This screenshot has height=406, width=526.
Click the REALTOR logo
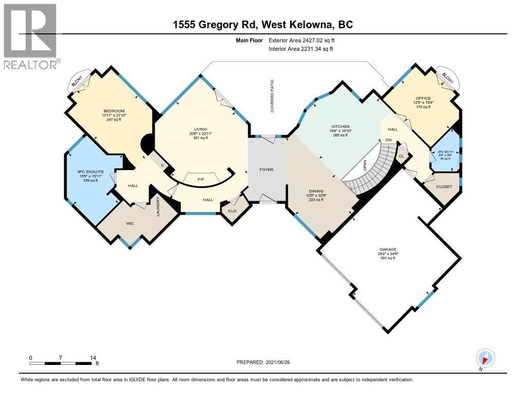tap(31, 36)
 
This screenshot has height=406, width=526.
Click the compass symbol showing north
tap(485, 358)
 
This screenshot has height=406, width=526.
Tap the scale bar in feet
tap(62, 363)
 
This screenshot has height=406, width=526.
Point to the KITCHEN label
tap(340, 126)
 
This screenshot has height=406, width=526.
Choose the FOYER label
tap(266, 169)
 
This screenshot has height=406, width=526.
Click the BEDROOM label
tap(114, 111)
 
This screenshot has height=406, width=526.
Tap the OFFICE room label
tap(423, 98)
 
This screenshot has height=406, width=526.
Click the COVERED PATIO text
tap(273, 96)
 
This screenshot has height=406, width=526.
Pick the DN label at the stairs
tap(389, 140)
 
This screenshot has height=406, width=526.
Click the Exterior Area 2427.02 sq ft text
tap(303, 40)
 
